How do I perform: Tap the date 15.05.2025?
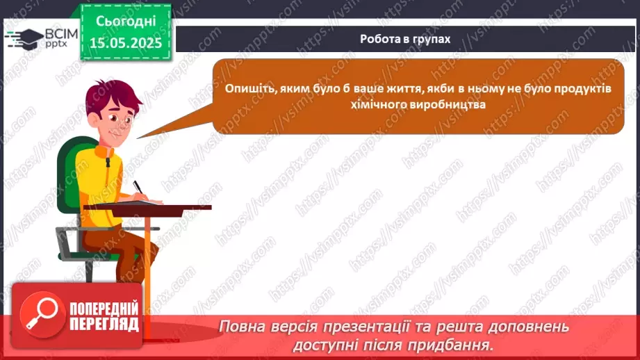click(x=126, y=42)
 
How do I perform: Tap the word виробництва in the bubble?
click(x=448, y=105)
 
